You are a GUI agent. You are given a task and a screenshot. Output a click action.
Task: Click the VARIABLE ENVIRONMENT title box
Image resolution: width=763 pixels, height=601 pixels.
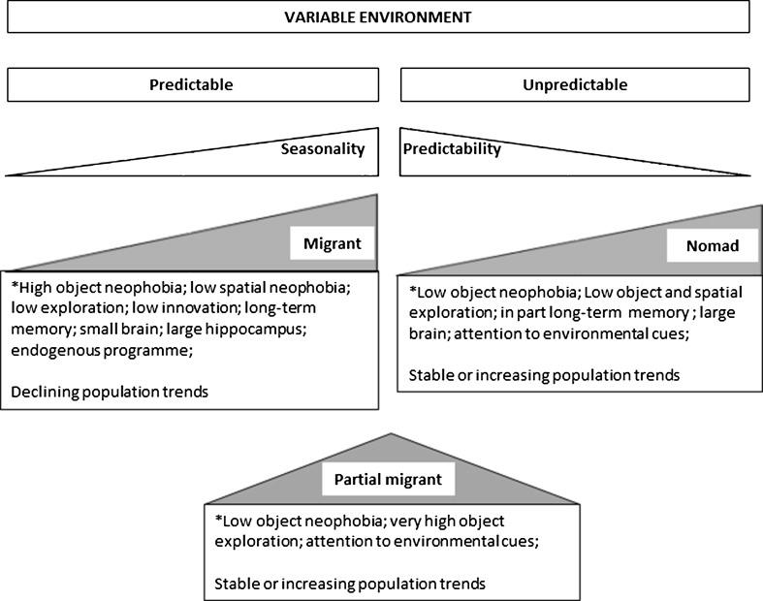coord(378,16)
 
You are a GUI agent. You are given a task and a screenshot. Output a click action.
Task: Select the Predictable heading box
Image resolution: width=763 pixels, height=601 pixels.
coord(191,84)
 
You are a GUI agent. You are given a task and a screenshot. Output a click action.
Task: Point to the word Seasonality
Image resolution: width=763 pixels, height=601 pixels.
coord(323,149)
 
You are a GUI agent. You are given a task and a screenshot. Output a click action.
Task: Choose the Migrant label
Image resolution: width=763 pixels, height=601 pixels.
coord(332,244)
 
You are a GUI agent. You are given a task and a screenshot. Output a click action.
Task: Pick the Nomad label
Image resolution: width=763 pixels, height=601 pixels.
coord(715,246)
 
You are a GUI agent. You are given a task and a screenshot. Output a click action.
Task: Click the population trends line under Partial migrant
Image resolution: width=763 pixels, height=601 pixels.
coord(349,584)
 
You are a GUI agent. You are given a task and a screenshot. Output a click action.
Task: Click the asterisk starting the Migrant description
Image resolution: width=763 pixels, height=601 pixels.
coord(16,288)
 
